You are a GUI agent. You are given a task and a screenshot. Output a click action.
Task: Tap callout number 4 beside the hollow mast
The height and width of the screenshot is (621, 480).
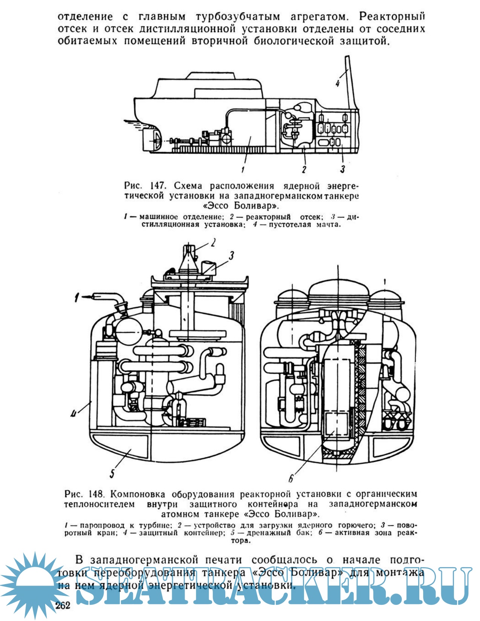[x=338, y=83]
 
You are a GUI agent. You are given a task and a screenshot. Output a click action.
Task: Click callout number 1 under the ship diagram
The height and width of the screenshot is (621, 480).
[x=243, y=169]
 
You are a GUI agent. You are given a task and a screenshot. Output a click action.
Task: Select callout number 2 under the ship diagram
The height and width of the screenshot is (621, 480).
[x=304, y=169]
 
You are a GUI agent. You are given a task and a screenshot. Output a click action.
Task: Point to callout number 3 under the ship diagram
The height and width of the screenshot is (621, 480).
[x=342, y=169]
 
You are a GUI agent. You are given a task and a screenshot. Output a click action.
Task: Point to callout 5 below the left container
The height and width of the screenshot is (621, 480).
[x=112, y=473]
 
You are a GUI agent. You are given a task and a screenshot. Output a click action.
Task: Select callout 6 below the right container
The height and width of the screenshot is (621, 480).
[x=291, y=478]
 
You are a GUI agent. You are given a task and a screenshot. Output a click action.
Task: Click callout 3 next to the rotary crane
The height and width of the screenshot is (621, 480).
[x=231, y=256]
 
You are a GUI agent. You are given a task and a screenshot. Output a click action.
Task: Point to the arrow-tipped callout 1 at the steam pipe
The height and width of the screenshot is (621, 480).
[x=77, y=298]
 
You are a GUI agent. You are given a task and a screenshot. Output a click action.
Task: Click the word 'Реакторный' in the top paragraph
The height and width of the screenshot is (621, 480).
[x=392, y=17]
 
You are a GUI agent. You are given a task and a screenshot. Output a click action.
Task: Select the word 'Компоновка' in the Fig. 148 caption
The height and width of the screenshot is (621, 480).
[x=140, y=494]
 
